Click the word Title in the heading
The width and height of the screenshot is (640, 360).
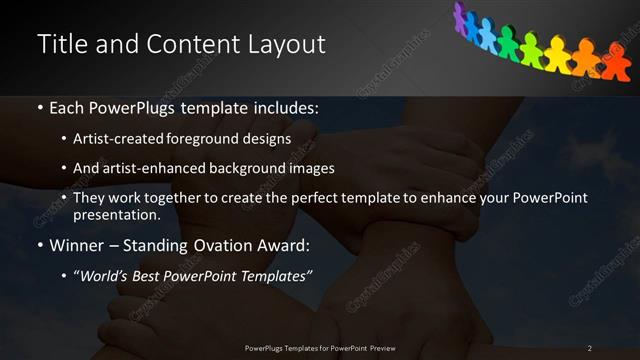tap(61, 45)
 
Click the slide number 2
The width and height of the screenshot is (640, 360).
tap(590, 348)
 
